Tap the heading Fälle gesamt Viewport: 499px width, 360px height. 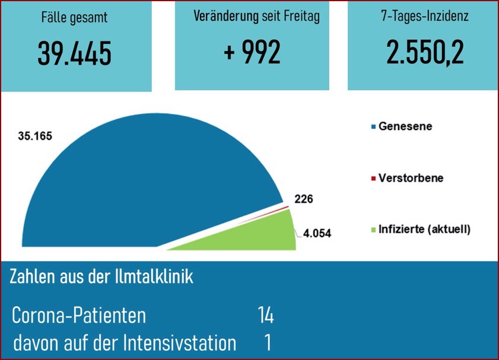coord(75,17)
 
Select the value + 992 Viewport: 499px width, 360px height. coord(252,54)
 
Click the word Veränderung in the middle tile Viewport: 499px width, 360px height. coord(225,17)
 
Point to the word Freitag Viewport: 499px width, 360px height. coord(301,17)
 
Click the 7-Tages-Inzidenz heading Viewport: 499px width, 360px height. coord(424,17)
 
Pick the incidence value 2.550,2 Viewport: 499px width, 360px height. coord(424,53)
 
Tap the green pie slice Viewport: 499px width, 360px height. coord(261,234)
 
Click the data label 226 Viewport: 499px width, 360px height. coord(303,199)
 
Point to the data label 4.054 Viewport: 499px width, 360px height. coord(317,233)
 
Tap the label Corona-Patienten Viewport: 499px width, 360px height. coord(79,315)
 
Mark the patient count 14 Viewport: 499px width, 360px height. coord(265,315)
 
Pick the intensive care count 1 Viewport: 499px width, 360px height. coord(268,343)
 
